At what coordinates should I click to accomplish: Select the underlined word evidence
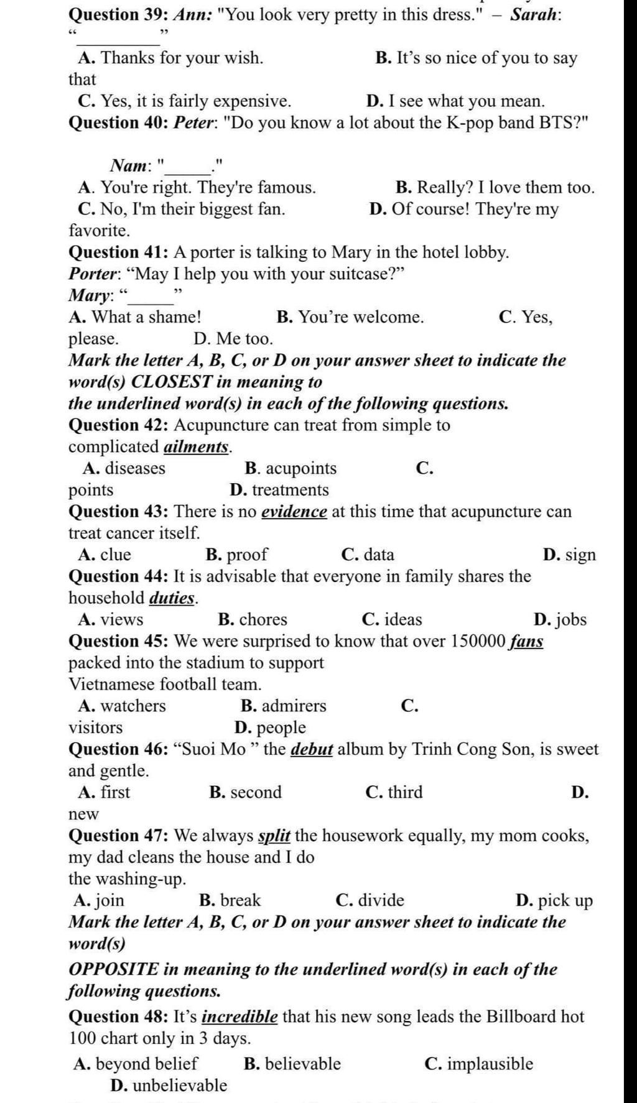point(294,512)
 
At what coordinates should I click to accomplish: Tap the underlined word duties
point(173,598)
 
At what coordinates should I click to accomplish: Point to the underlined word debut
point(312,749)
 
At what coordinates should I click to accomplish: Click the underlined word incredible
point(240,1017)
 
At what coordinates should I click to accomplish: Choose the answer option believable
point(302,1064)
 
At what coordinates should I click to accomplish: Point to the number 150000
point(475,641)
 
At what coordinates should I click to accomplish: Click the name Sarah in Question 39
point(534,14)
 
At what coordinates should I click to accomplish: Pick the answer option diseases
point(134,468)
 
